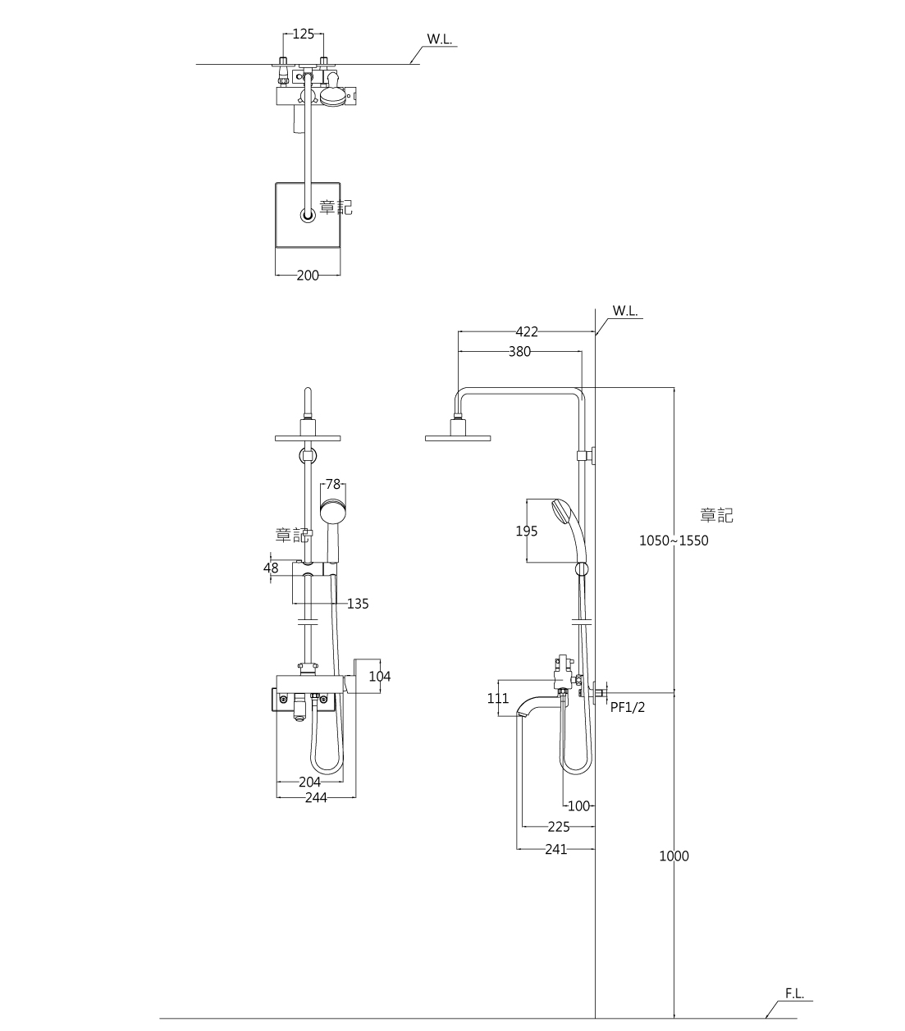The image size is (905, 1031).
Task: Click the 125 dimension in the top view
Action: pyautogui.click(x=303, y=34)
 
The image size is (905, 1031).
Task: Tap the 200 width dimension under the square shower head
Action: pyautogui.click(x=308, y=276)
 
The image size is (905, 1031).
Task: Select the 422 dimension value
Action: pyautogui.click(x=527, y=332)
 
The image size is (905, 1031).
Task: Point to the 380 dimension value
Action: pyautogui.click(x=519, y=352)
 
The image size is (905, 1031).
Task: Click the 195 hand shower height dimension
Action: pyautogui.click(x=527, y=531)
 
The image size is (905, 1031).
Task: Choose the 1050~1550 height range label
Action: pyautogui.click(x=674, y=541)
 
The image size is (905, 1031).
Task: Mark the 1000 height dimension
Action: pyautogui.click(x=674, y=856)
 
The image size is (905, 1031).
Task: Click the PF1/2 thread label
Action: pyautogui.click(x=628, y=707)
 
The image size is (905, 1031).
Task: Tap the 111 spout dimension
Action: pyautogui.click(x=498, y=699)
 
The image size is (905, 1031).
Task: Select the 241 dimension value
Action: pyautogui.click(x=556, y=850)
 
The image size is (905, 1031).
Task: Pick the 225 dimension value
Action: pyautogui.click(x=559, y=828)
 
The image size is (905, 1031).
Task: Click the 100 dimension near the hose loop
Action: pyautogui.click(x=578, y=806)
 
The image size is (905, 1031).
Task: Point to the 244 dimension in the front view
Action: pyautogui.click(x=316, y=797)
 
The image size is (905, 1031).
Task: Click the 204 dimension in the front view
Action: pyautogui.click(x=309, y=782)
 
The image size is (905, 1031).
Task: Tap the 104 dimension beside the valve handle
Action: pyautogui.click(x=380, y=677)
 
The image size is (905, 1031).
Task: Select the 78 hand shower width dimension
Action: pyautogui.click(x=333, y=485)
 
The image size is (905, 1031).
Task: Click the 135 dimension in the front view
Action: pyautogui.click(x=358, y=604)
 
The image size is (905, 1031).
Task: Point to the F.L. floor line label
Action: pyautogui.click(x=794, y=994)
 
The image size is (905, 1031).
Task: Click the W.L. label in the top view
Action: pyautogui.click(x=440, y=39)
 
